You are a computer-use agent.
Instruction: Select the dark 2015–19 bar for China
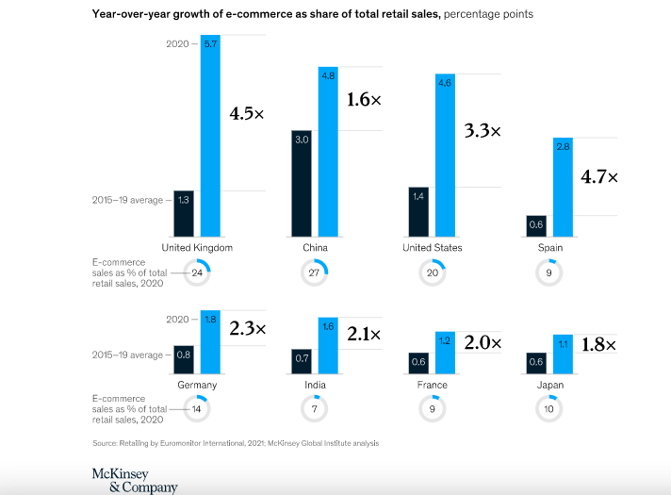pos(302,183)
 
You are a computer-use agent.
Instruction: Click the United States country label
pos(433,248)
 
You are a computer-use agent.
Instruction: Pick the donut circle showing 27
pos(315,273)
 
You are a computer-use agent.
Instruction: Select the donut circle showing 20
pos(433,273)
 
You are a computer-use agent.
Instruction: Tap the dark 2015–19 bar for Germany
pos(185,359)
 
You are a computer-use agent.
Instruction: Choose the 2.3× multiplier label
pos(247,329)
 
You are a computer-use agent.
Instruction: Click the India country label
pos(316,385)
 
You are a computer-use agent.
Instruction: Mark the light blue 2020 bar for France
pos(445,353)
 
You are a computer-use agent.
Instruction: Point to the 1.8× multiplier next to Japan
pos(597,345)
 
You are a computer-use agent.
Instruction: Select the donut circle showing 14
pos(198,410)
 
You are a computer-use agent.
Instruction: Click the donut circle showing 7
pos(315,410)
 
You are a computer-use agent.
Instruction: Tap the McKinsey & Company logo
pos(134,480)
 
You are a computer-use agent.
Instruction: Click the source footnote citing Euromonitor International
pos(236,443)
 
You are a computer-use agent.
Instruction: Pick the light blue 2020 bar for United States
pos(445,156)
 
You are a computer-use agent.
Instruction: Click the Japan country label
pos(550,385)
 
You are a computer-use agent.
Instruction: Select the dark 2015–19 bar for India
pos(302,361)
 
